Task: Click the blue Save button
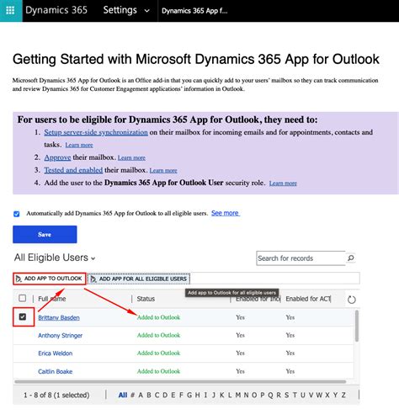point(45,235)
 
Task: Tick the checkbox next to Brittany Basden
point(23,317)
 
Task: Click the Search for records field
point(300,258)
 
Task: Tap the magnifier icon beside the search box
point(351,258)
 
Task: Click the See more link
point(225,214)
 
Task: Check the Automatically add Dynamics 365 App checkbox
point(18,214)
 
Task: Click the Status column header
point(146,299)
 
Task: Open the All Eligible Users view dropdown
point(56,258)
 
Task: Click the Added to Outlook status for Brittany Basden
point(158,317)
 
